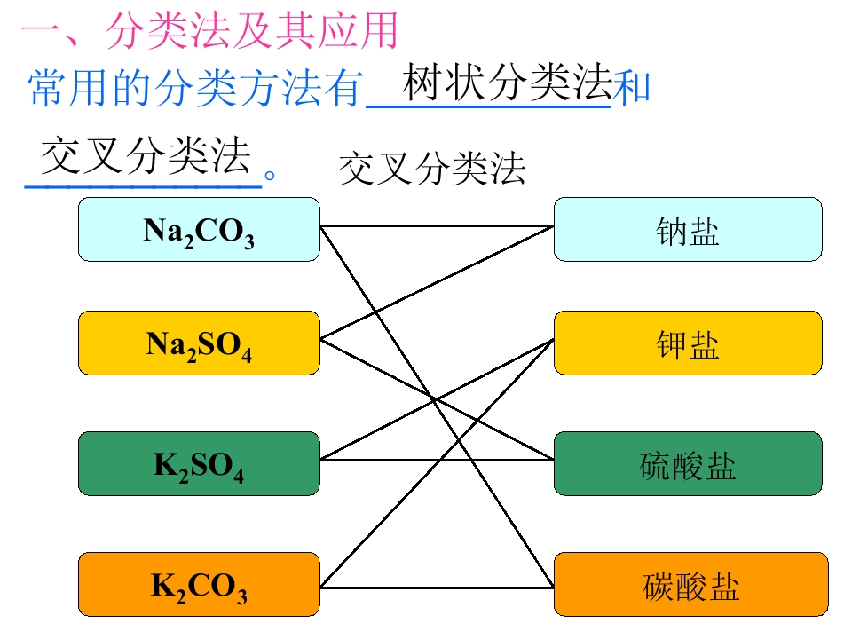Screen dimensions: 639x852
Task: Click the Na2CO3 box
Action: pyautogui.click(x=199, y=230)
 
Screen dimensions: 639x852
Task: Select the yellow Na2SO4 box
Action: pyautogui.click(x=199, y=343)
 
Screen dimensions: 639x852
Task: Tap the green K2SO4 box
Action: pyautogui.click(x=199, y=463)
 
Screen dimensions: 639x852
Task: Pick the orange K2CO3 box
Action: pyautogui.click(x=199, y=584)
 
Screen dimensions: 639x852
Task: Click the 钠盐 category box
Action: pyautogui.click(x=688, y=230)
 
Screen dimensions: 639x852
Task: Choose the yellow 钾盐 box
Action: pyautogui.click(x=688, y=343)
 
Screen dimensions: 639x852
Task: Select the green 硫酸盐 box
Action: pyautogui.click(x=688, y=463)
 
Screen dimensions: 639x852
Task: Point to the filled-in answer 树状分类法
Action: pyautogui.click(x=507, y=84)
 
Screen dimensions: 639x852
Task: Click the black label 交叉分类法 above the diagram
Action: pyautogui.click(x=432, y=168)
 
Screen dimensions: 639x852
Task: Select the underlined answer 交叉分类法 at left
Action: pyautogui.click(x=146, y=157)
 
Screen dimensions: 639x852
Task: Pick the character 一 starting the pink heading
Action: pyautogui.click(x=39, y=34)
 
